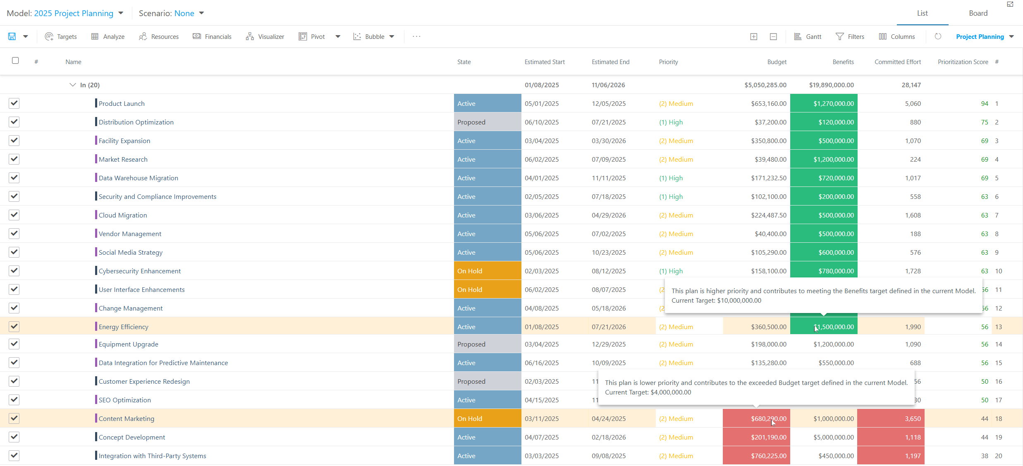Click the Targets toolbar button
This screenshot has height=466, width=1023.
pos(61,36)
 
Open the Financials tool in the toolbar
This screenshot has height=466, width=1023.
pos(212,36)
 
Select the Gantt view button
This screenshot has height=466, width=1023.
pos(808,36)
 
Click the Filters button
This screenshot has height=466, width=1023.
pos(850,36)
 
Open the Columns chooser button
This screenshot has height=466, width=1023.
pos(896,36)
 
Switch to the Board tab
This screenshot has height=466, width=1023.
pos(978,13)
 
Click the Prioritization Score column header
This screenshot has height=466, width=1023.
pos(963,62)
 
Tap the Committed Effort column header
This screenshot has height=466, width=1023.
pos(897,62)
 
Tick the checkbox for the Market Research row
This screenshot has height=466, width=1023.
pos(14,159)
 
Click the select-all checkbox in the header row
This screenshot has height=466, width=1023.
pos(15,60)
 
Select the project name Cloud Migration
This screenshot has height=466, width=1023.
pos(123,215)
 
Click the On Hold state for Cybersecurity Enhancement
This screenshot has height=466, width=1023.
pos(488,271)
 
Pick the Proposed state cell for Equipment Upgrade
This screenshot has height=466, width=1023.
pos(488,344)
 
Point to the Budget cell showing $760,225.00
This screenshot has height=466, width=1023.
pos(756,456)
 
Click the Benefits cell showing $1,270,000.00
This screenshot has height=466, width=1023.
pos(824,103)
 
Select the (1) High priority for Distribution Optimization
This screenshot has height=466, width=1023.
pos(671,122)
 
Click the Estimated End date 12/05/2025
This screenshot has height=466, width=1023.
pos(609,104)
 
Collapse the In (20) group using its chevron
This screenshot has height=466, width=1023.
pos(73,85)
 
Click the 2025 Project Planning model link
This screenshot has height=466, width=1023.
pos(74,13)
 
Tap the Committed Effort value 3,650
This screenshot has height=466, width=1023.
pos(913,419)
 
